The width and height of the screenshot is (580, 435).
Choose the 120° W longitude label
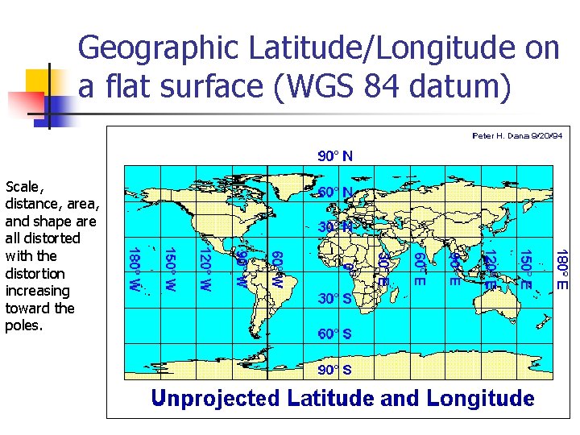205,270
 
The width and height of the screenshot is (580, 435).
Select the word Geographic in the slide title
163,49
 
